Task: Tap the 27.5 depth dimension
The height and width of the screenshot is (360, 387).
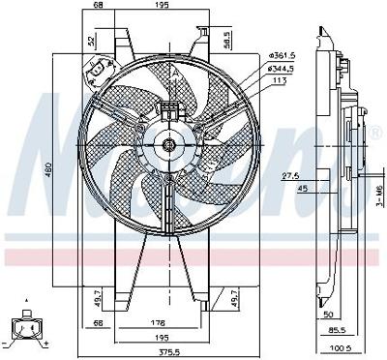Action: [289, 176]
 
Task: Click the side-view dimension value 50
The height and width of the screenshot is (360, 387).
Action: [330, 315]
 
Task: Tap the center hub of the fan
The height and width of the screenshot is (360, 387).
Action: [170, 145]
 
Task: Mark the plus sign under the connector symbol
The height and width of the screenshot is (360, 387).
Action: [45, 344]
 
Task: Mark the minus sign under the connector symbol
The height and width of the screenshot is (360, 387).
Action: [8, 344]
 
